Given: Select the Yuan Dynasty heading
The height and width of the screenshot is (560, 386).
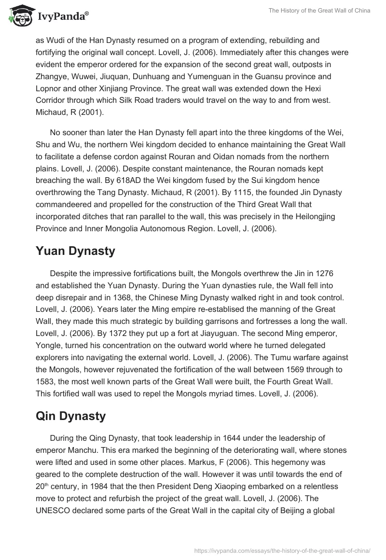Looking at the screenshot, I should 76,251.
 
